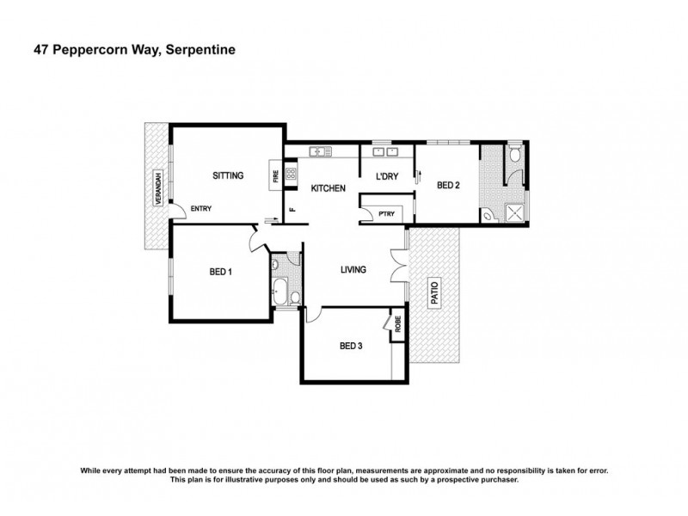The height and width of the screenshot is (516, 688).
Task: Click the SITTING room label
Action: coord(228,175)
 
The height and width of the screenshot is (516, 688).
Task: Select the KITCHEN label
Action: coord(328,188)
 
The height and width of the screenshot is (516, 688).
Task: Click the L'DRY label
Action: coord(384,176)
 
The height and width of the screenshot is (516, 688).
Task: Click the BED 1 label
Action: coord(221,273)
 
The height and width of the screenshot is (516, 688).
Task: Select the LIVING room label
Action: coord(353,269)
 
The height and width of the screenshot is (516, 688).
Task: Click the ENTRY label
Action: coord(201,208)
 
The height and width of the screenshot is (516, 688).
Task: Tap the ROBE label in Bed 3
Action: coord(398,326)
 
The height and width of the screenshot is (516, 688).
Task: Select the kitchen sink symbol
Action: coord(321,152)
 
